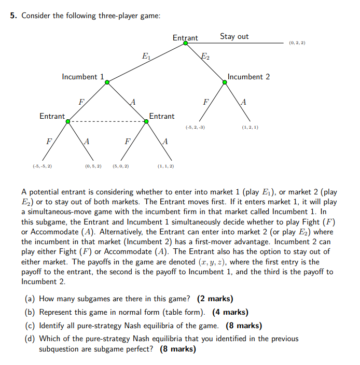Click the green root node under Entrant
click(186, 43)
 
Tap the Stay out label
click(234, 36)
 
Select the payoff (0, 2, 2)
click(297, 43)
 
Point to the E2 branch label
click(205, 56)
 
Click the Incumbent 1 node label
click(79, 77)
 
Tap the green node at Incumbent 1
click(106, 82)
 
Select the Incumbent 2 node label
click(248, 77)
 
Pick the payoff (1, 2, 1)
click(250, 127)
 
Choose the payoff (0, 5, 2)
click(93, 166)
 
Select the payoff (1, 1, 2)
click(165, 166)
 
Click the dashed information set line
click(106, 121)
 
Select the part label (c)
click(30, 326)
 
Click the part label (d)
click(30, 339)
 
